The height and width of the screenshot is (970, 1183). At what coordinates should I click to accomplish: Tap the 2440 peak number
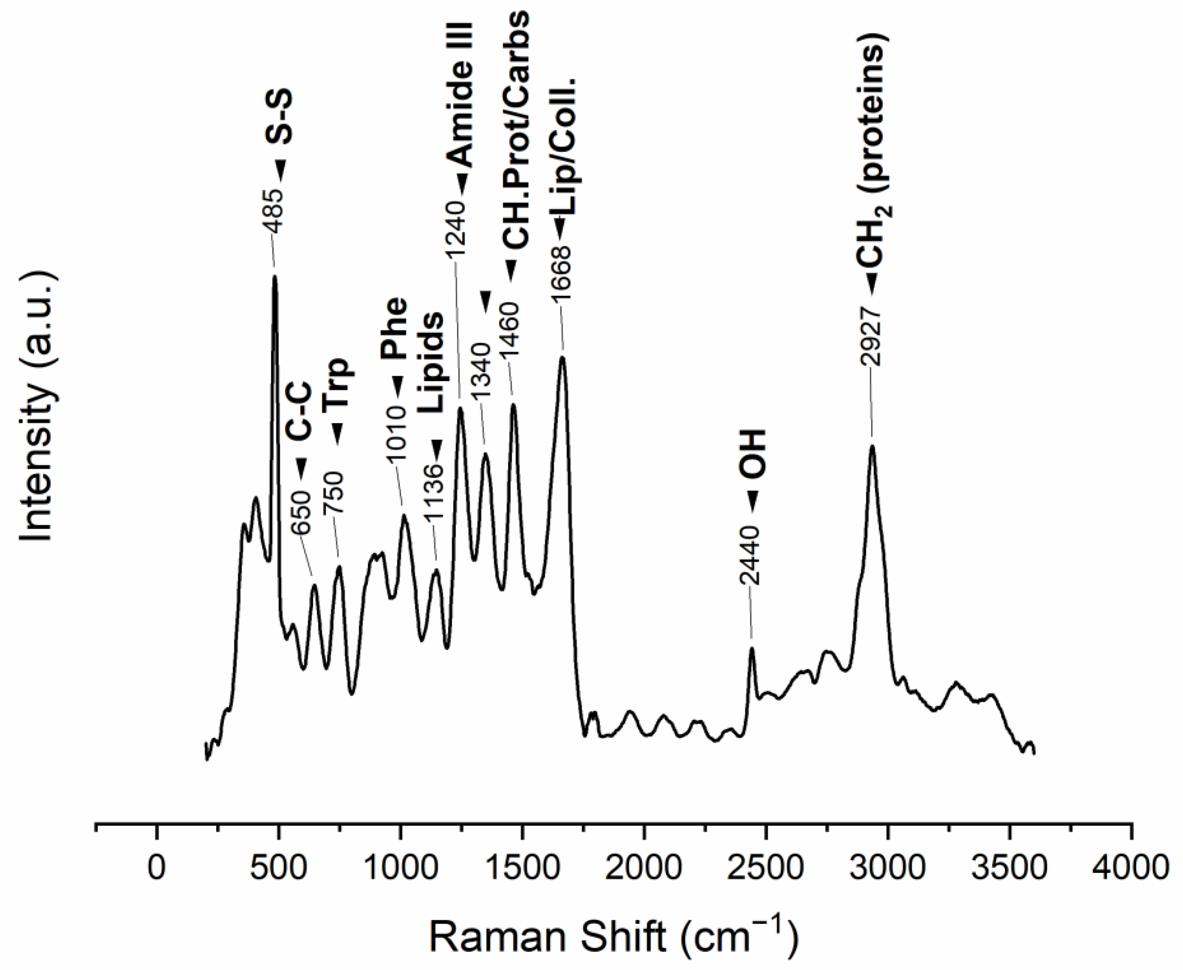pos(751,555)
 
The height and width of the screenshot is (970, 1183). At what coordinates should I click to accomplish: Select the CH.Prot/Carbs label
pos(515,129)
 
